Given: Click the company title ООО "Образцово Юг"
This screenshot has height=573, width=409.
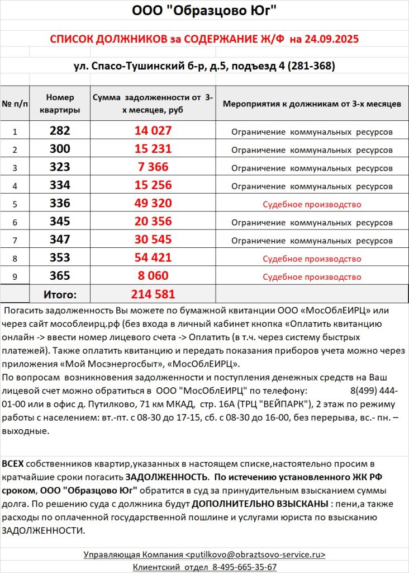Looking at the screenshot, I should click(x=204, y=11).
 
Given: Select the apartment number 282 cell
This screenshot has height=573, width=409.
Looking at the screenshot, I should click(x=60, y=131).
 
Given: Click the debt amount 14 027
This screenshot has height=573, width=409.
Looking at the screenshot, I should click(x=153, y=131).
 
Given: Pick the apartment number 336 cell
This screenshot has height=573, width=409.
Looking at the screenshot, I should click(x=60, y=204).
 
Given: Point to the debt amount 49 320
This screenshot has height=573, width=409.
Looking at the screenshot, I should click(x=153, y=204).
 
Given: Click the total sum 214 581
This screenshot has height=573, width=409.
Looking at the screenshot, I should click(x=153, y=294).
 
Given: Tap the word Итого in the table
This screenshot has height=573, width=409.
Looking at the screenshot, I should click(x=60, y=294).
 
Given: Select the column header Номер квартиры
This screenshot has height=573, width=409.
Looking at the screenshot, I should click(x=60, y=103).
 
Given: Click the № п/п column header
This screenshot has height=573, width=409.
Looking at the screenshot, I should click(x=15, y=104).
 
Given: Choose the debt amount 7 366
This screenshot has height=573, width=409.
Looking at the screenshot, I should click(x=153, y=167).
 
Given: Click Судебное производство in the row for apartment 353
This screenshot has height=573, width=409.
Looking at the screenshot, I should click(x=312, y=259).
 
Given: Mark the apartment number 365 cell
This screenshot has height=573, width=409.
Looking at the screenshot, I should click(x=60, y=276).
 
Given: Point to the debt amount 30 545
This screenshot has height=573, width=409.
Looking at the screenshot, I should click(x=153, y=240).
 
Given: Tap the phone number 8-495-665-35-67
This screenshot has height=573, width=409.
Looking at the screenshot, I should click(x=244, y=567).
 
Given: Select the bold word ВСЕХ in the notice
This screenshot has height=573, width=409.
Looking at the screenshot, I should click(x=13, y=464).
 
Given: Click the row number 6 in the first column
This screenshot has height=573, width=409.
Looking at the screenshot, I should click(x=15, y=222).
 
